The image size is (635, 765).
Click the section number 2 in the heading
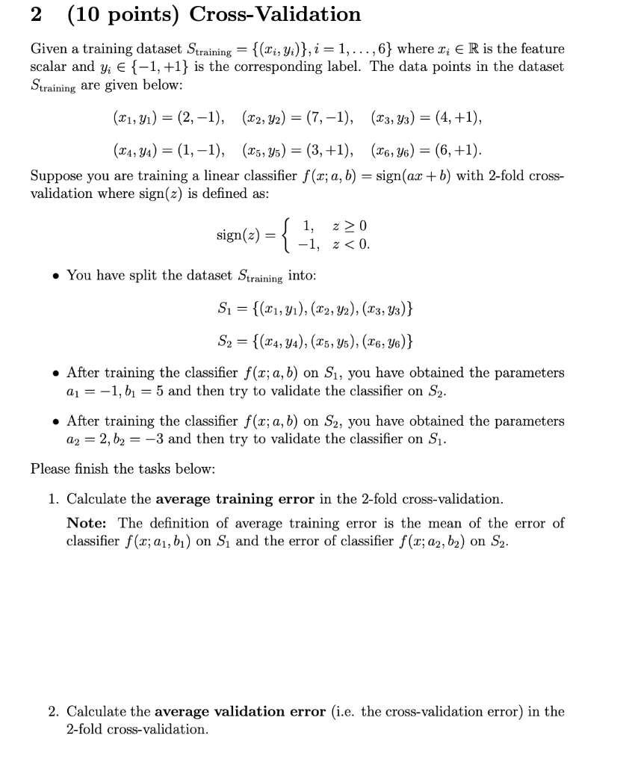pyautogui.click(x=36, y=14)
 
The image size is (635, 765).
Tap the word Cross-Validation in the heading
pyautogui.click(x=275, y=14)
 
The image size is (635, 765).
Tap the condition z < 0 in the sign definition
pyautogui.click(x=353, y=244)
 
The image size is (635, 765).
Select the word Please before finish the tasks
pyautogui.click(x=50, y=468)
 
